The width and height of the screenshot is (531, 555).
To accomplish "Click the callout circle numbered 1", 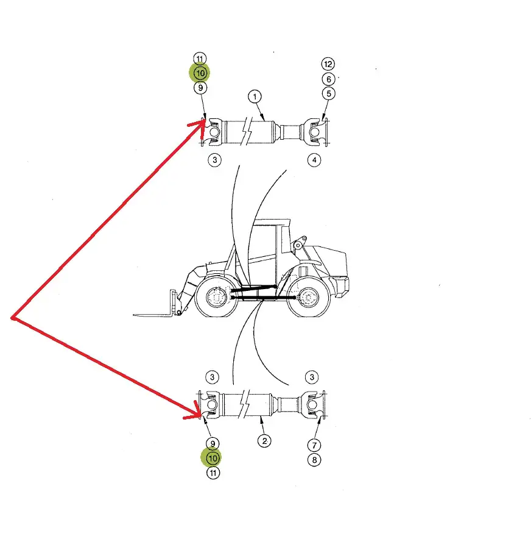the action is (x=255, y=96).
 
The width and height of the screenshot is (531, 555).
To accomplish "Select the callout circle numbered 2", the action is (x=265, y=441).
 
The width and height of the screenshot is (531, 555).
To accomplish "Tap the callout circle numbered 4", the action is (x=314, y=160).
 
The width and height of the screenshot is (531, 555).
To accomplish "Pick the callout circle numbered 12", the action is (x=328, y=64).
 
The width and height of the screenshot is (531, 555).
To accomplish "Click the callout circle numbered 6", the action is (x=329, y=79).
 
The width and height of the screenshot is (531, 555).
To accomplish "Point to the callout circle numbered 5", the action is (x=329, y=93).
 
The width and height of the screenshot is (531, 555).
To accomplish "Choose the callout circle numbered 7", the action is (x=314, y=445).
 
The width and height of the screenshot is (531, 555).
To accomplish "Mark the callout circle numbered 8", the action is (x=314, y=460).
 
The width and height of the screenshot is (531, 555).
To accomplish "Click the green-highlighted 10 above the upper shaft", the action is (x=200, y=73).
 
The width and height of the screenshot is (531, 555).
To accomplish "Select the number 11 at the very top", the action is (x=200, y=59).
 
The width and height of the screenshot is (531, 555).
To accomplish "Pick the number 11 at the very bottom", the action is (x=213, y=473).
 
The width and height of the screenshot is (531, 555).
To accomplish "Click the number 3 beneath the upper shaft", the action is (x=215, y=160).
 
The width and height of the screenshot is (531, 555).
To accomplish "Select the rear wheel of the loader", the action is (x=308, y=298).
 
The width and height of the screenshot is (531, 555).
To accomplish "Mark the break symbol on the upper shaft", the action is (x=246, y=131).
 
